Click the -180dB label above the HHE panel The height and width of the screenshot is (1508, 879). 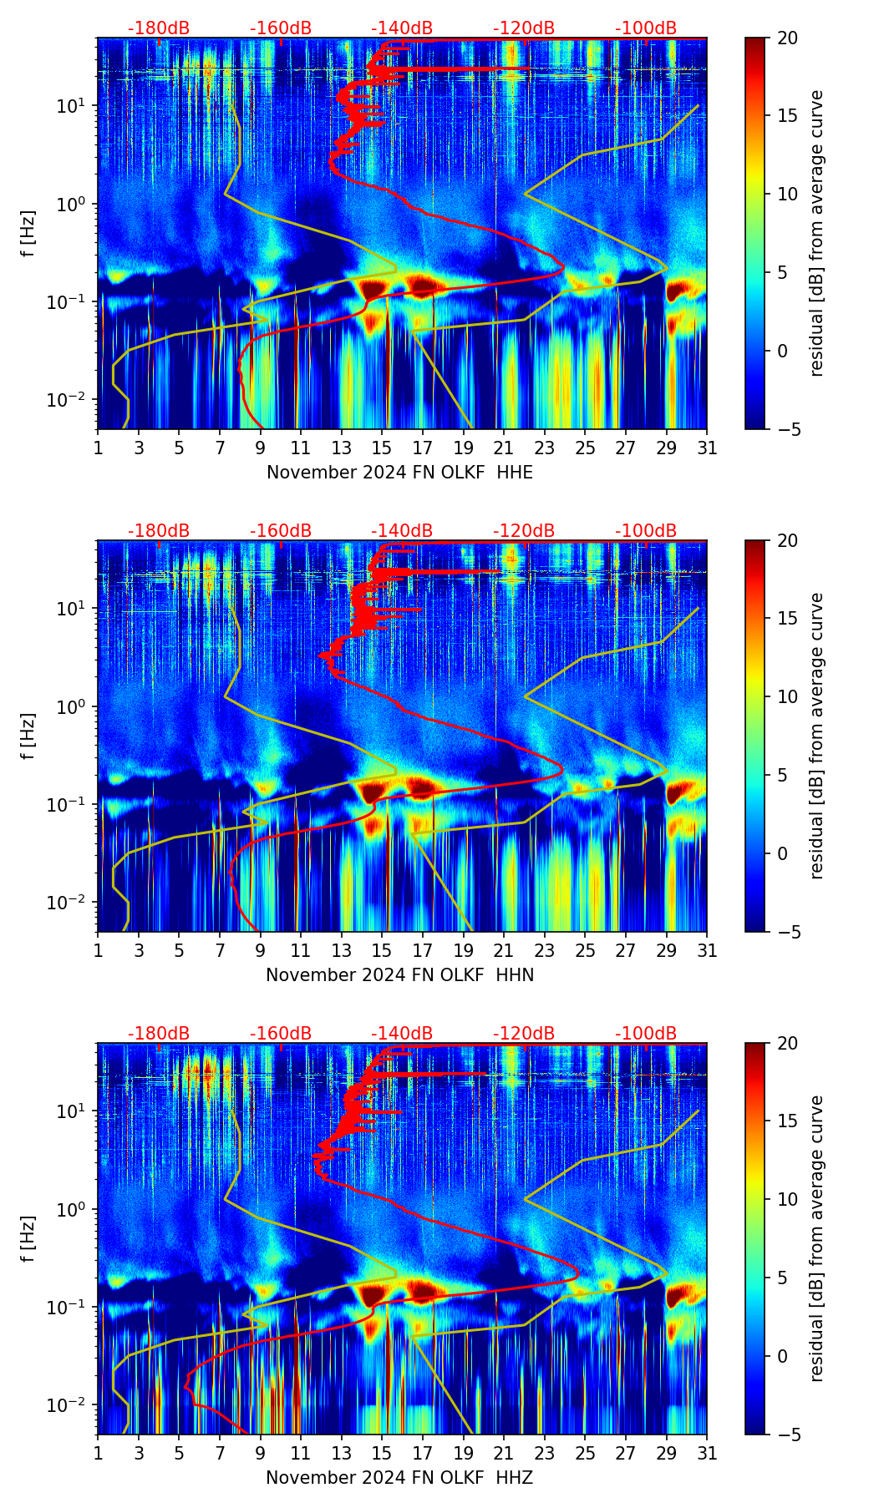(x=159, y=28)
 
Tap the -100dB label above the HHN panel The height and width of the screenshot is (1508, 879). (x=646, y=531)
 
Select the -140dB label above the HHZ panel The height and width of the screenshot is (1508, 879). (x=402, y=1034)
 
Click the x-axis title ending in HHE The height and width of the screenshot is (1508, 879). (x=399, y=473)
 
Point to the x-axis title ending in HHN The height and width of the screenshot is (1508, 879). (x=399, y=975)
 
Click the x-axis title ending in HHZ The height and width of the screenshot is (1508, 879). (x=399, y=1478)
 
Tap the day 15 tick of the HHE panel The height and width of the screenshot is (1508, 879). (x=382, y=448)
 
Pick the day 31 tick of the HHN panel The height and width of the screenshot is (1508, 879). (x=707, y=950)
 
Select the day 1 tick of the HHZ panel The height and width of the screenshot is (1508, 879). (x=98, y=1453)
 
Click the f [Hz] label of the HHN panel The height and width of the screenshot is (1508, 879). (x=28, y=736)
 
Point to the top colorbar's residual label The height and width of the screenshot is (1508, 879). (x=816, y=233)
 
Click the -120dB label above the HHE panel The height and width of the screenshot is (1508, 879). (x=524, y=28)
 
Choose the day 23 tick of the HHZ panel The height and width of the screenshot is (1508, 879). (x=545, y=1453)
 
